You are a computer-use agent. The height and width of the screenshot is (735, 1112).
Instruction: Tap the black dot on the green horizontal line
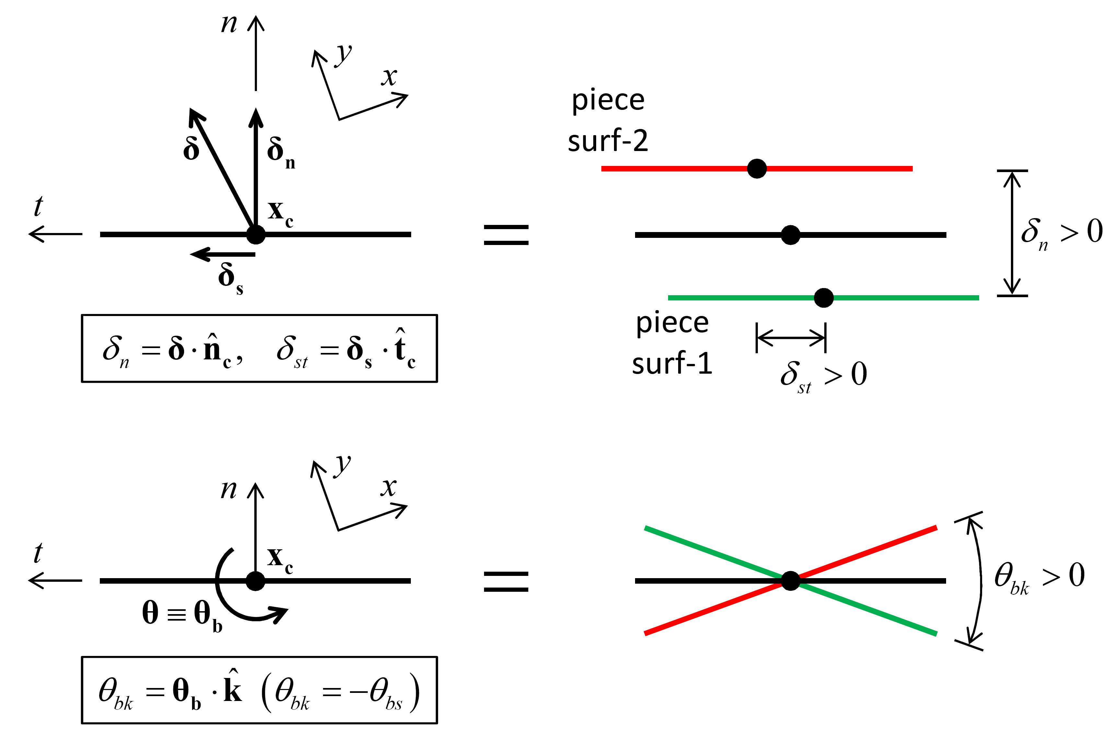823,297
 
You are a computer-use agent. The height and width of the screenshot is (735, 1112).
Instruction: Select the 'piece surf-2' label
608,121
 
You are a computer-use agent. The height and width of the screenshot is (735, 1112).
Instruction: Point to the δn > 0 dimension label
1061,233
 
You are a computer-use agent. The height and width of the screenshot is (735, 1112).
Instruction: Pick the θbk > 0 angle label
1039,578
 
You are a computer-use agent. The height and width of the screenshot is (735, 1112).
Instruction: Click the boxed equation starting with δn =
259,349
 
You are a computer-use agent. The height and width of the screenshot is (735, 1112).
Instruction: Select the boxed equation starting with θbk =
259,691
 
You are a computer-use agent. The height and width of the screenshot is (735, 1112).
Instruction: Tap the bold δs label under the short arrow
230,278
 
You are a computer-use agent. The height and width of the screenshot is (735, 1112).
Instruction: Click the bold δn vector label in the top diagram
280,152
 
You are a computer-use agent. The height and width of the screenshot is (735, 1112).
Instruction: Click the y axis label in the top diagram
343,54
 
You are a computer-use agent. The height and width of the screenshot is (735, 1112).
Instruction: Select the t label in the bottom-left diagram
39,553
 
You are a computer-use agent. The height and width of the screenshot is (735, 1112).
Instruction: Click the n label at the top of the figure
229,23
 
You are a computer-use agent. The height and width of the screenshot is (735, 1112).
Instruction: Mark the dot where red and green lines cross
791,581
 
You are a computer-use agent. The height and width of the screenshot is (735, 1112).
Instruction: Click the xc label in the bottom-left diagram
280,560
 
